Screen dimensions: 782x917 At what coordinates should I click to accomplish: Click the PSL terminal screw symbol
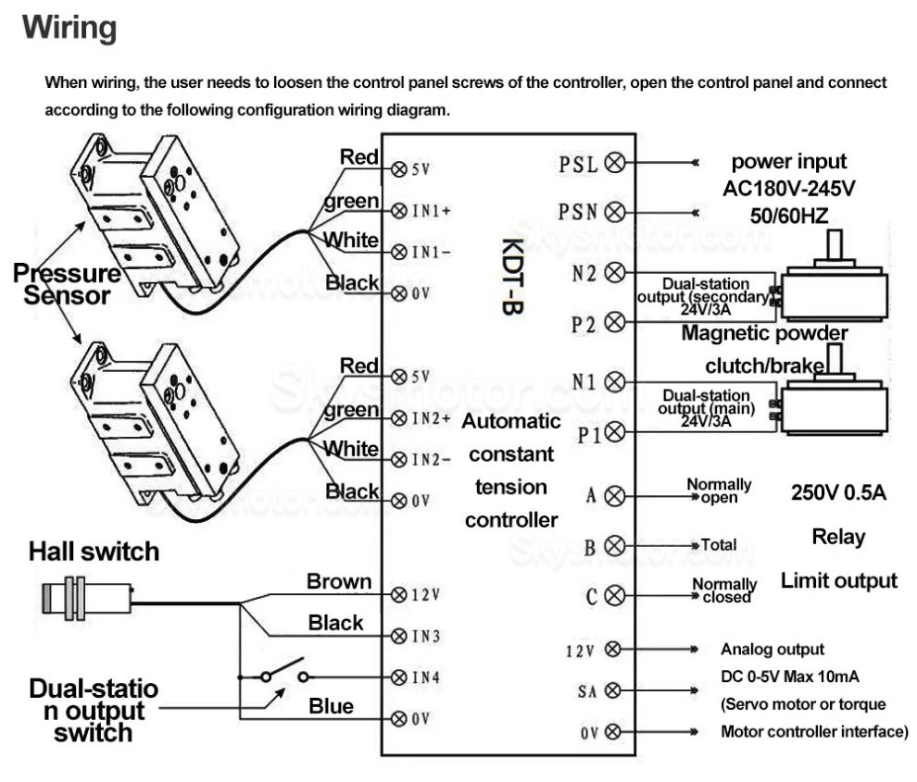[x=613, y=164]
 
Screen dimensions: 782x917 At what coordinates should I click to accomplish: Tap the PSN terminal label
[x=579, y=212]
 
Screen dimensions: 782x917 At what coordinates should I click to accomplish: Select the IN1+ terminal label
[x=432, y=210]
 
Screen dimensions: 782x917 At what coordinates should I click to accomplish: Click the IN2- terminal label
[x=432, y=459]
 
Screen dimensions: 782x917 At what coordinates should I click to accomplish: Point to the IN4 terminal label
[x=425, y=676]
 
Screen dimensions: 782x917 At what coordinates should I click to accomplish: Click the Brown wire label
[x=339, y=582]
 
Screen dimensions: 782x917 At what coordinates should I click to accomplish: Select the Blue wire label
[x=331, y=707]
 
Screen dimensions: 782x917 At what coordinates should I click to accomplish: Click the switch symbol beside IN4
[x=283, y=673]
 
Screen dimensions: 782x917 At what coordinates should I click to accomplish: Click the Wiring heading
[x=70, y=29]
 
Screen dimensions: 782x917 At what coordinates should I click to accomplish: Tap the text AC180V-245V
[x=788, y=189]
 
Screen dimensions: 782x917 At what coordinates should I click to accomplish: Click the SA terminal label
[x=587, y=690]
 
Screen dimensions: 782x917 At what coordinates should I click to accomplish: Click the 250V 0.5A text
[x=838, y=492]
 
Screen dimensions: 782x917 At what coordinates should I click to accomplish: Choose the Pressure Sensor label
[x=66, y=284]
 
